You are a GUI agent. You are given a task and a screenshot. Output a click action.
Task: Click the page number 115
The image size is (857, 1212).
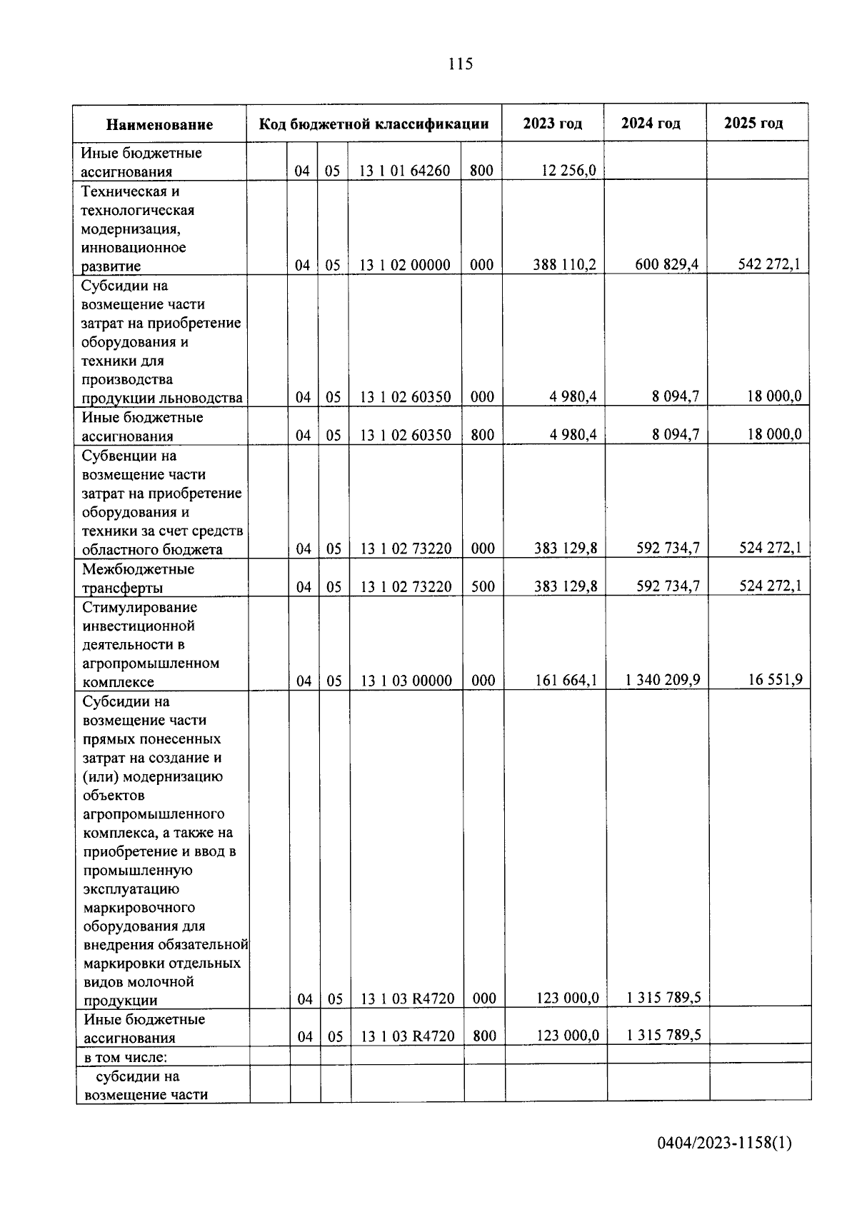460,64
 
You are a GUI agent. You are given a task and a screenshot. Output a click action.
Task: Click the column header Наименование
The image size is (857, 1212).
159,125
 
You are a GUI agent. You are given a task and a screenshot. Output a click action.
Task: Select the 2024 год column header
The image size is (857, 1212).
650,124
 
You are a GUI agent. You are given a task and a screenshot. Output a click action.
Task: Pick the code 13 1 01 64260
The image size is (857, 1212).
404,171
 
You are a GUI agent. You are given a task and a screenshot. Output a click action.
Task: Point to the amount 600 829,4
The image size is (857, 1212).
666,265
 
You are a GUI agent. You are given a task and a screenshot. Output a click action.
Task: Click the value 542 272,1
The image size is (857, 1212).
768,265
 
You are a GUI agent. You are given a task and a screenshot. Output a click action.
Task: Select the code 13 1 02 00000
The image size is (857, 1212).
404,266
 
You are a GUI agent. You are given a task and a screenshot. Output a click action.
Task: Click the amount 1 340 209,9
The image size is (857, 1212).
662,680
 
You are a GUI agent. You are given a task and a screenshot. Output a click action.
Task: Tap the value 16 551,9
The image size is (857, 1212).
775,680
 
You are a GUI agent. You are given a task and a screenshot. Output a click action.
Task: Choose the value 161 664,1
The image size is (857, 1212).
566,681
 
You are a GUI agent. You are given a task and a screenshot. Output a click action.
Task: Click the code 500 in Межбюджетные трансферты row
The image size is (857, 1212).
483,587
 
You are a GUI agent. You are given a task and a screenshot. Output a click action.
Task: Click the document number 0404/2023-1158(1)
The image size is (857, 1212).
724,1143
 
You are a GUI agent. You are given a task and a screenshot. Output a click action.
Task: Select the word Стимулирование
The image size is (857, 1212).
140,608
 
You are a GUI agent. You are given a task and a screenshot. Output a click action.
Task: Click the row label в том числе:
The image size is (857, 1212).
126,1056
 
